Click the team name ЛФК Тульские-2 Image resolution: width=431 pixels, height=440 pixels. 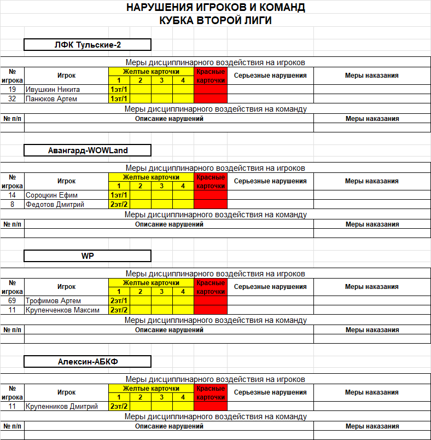(88, 45)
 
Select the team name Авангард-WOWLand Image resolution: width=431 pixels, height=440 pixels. (88, 150)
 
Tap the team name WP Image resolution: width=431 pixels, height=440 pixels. (88, 256)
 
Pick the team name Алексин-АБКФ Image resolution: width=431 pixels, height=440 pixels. (88, 361)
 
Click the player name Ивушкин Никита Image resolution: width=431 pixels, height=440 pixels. (53, 90)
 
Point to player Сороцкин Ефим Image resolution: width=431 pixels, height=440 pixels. (51, 195)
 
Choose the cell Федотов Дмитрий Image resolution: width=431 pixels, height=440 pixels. (55, 205)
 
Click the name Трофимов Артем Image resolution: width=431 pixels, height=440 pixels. (53, 300)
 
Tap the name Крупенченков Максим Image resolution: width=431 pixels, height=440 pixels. (62, 310)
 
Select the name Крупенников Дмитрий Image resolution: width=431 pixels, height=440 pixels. (61, 406)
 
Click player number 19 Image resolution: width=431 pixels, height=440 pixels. (12, 90)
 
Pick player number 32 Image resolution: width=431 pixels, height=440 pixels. (12, 99)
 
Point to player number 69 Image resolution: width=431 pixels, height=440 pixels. (12, 300)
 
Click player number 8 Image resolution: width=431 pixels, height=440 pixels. (12, 205)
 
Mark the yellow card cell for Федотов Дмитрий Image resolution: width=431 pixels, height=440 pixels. (119, 205)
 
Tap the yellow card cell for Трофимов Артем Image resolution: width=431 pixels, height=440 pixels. (119, 300)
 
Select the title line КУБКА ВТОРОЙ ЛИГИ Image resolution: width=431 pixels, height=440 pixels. (215, 20)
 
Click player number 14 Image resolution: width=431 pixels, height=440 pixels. (12, 195)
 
